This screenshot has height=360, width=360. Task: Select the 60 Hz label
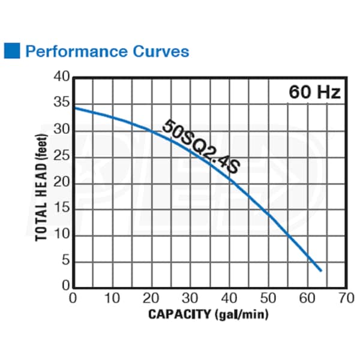(x=314, y=92)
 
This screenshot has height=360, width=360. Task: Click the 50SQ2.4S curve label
(x=200, y=146)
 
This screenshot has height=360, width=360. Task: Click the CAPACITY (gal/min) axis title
(x=208, y=313)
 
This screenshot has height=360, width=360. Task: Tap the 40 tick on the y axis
(x=62, y=78)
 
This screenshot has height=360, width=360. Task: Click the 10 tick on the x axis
(x=112, y=298)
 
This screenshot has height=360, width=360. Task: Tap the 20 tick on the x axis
(x=151, y=298)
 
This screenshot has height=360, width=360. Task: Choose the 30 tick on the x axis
(x=190, y=298)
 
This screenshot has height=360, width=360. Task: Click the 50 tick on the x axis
(x=268, y=298)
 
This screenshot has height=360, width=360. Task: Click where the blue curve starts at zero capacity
(x=74, y=107)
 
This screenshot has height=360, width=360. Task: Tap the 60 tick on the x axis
(x=306, y=298)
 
